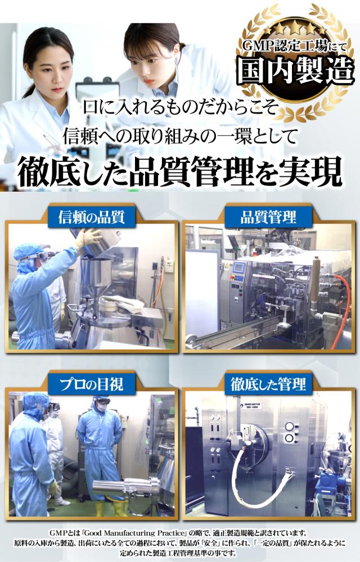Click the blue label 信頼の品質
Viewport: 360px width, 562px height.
92,217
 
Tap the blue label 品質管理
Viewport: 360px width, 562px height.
268,217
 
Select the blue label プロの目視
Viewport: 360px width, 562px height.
92,384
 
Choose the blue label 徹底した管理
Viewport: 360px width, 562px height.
268,384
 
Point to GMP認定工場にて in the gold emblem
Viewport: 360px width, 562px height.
294,46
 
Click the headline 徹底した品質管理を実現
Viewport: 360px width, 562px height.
179,173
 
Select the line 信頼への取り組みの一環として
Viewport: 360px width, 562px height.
180,136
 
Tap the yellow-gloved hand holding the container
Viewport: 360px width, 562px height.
87,238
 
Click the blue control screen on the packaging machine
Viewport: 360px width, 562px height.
239,268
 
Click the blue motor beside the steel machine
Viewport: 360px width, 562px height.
327,480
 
